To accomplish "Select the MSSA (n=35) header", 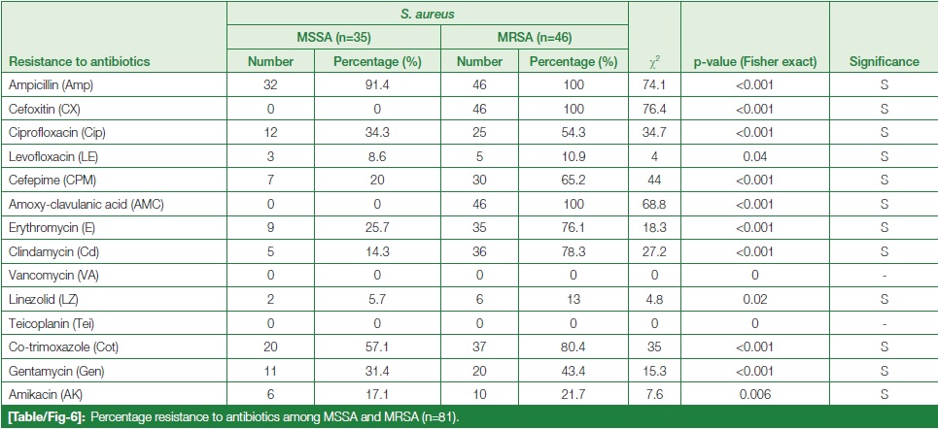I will point(333,39).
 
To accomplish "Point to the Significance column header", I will point(884,62).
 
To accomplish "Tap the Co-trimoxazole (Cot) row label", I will point(63,346).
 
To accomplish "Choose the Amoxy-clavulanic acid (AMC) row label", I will point(84,204).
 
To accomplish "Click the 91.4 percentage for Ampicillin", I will point(378,85).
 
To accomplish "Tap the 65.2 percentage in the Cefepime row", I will point(581,181).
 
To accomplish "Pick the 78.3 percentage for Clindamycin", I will point(581,251).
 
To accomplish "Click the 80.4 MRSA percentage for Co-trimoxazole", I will point(581,346).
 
